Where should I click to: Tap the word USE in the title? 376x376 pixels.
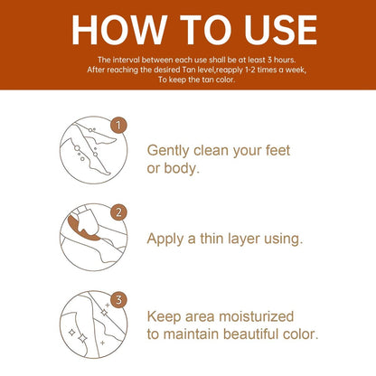tap(281, 30)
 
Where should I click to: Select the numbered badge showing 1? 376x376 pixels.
tap(118, 125)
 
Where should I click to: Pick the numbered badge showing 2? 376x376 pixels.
tap(118, 212)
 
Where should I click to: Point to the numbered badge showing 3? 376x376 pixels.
tap(118, 300)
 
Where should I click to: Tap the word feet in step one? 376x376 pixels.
tap(277, 150)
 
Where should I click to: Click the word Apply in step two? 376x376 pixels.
tap(165, 240)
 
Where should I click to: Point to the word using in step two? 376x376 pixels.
tap(282, 240)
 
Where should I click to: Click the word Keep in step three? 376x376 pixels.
tap(164, 317)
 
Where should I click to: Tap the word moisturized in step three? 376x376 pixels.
tap(256, 316)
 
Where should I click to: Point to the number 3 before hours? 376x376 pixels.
tap(269, 60)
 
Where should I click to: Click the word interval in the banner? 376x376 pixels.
tap(126, 60)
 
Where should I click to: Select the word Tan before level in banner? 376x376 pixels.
tap(189, 70)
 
